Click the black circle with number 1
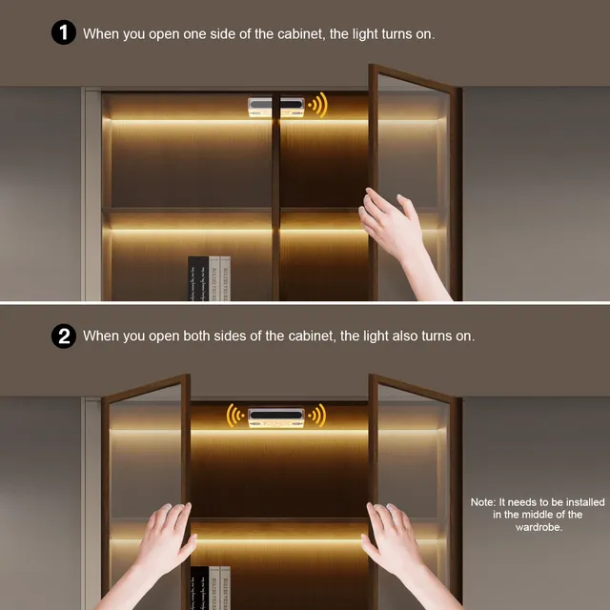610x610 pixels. pos(64,32)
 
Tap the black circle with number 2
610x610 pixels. pos(64,336)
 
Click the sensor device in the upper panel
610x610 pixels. pos(276,107)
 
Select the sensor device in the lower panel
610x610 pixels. pos(276,417)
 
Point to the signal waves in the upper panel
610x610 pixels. pos(317,105)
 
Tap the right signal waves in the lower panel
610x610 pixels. pos(317,416)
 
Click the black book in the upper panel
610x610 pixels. pos(198,278)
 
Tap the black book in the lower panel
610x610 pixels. pos(199,588)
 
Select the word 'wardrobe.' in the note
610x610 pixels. pos(539,527)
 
